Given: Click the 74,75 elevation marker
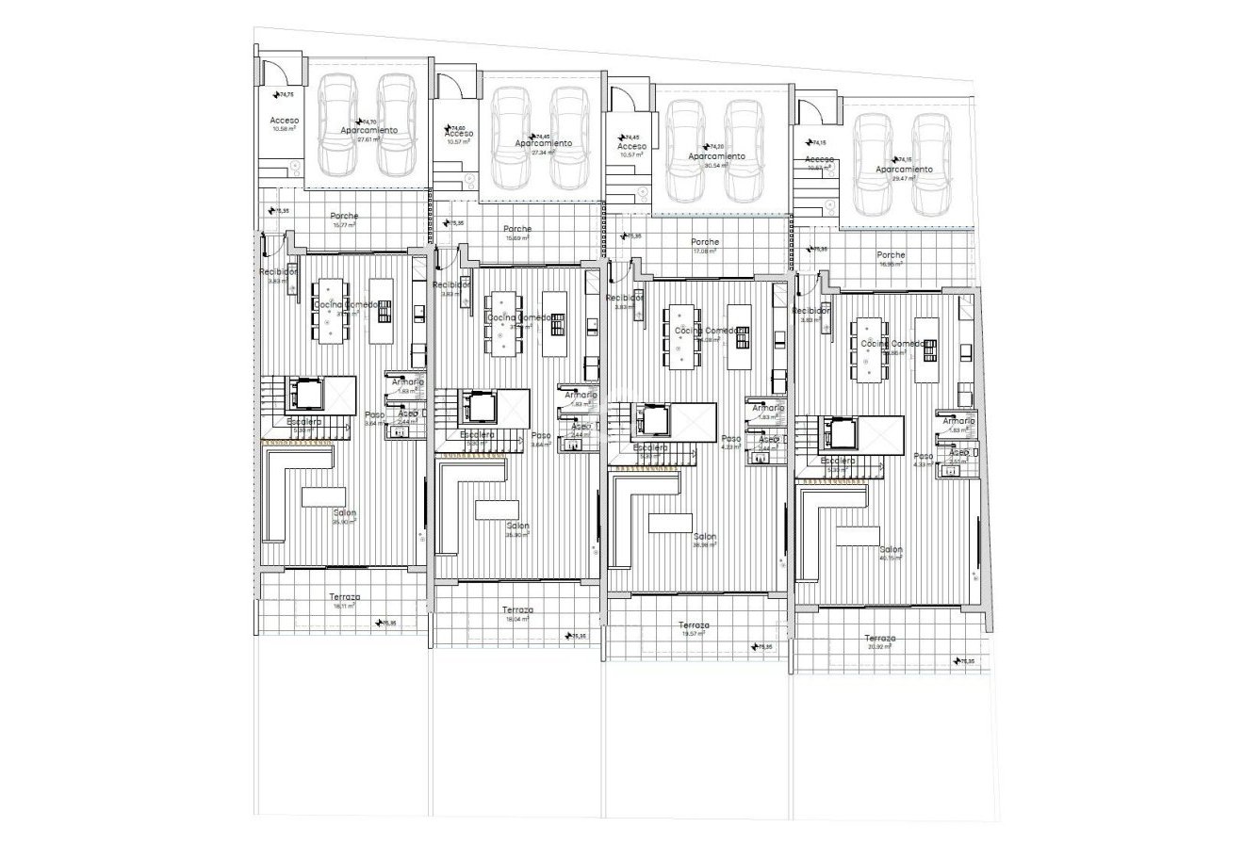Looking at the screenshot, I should click(286, 95).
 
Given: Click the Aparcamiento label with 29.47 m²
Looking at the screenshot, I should click(904, 170).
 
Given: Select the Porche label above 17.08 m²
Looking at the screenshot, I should click(705, 242).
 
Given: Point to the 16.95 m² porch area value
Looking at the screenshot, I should click(891, 265).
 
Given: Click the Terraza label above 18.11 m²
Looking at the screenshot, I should click(345, 597).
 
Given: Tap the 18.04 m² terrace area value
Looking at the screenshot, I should click(517, 620).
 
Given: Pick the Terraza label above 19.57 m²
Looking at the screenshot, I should click(694, 625).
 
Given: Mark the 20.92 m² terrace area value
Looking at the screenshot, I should click(882, 648).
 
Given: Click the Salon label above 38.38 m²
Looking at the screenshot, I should click(704, 535).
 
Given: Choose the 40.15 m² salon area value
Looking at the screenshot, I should click(891, 558).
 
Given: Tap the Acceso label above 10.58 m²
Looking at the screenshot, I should click(285, 121).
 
